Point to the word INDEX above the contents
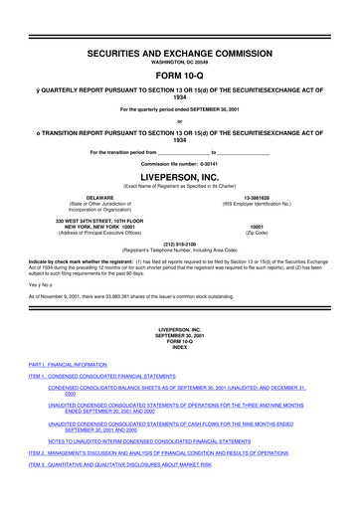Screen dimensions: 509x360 pos(179,347)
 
